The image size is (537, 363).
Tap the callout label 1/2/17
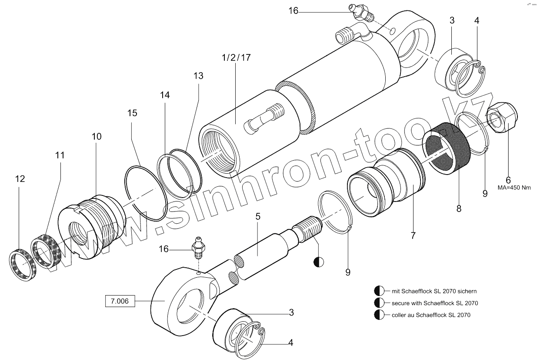tap(236, 57)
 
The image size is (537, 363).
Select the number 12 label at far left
tap(20, 179)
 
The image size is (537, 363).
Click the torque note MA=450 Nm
tap(514, 188)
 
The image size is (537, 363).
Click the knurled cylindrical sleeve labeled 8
tap(448, 146)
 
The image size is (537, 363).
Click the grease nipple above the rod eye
tap(198, 246)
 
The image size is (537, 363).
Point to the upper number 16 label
tap(294, 10)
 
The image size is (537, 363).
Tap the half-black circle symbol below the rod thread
tap(318, 262)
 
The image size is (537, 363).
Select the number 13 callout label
tap(198, 76)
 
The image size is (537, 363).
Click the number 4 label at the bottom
tap(290, 343)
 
